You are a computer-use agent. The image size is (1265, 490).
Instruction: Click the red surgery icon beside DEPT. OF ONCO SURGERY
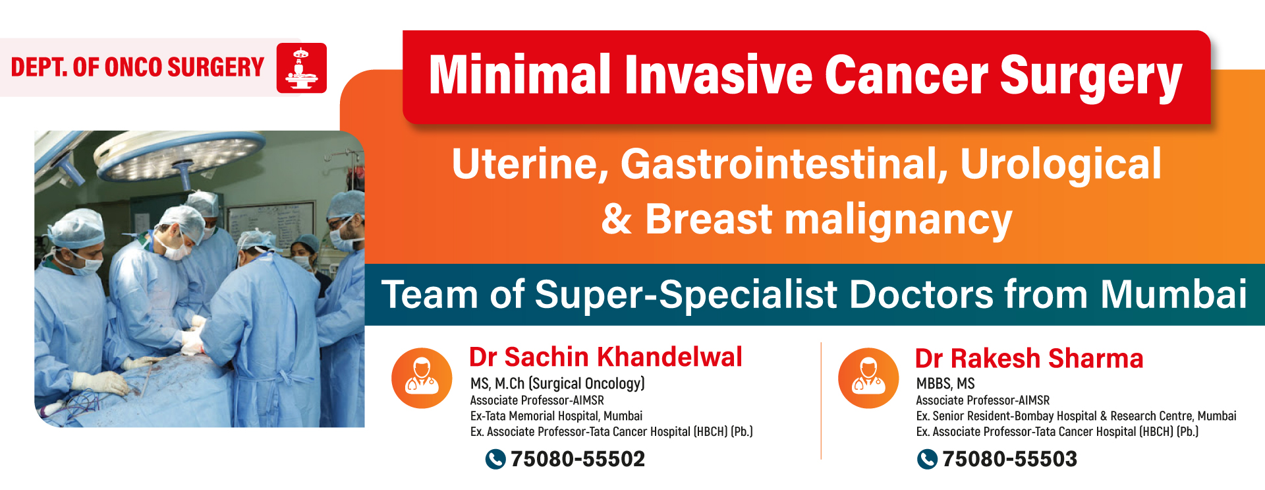[x=301, y=68]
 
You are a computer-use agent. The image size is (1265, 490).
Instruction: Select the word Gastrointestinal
[x=784, y=164]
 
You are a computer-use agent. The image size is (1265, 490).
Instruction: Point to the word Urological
[x=1061, y=165]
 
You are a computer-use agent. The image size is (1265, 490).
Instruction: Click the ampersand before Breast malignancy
[x=617, y=220]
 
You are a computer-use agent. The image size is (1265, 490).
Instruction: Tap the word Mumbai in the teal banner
[x=1173, y=294]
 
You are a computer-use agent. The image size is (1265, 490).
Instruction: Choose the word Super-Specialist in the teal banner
[x=686, y=295]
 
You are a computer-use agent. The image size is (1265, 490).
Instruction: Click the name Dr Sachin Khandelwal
[x=605, y=357]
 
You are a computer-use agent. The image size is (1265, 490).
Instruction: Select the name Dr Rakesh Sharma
[x=1029, y=358]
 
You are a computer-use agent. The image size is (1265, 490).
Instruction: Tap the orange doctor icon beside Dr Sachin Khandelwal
[x=422, y=378]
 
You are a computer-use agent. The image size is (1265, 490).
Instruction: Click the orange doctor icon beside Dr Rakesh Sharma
[x=868, y=378]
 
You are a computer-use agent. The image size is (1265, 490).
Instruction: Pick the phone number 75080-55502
[x=578, y=459]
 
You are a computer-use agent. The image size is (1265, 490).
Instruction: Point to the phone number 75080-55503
[x=1009, y=459]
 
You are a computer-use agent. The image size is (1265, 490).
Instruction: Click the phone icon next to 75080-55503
[x=927, y=459]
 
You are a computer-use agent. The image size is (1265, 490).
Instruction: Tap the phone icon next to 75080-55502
[x=495, y=459]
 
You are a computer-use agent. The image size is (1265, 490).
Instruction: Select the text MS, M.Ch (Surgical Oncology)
[x=557, y=384]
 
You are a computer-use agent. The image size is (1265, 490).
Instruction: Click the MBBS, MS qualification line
[x=945, y=384]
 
